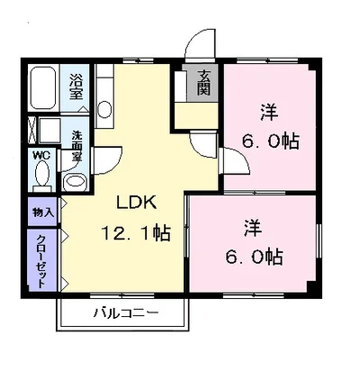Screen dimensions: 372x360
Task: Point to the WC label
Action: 40,154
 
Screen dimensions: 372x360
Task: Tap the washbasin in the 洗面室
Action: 76,179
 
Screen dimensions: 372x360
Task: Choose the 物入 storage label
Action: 42,213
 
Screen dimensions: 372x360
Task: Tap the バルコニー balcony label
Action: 126,313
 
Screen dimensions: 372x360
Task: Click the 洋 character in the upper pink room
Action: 269,113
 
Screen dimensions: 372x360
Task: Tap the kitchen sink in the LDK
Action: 104,109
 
